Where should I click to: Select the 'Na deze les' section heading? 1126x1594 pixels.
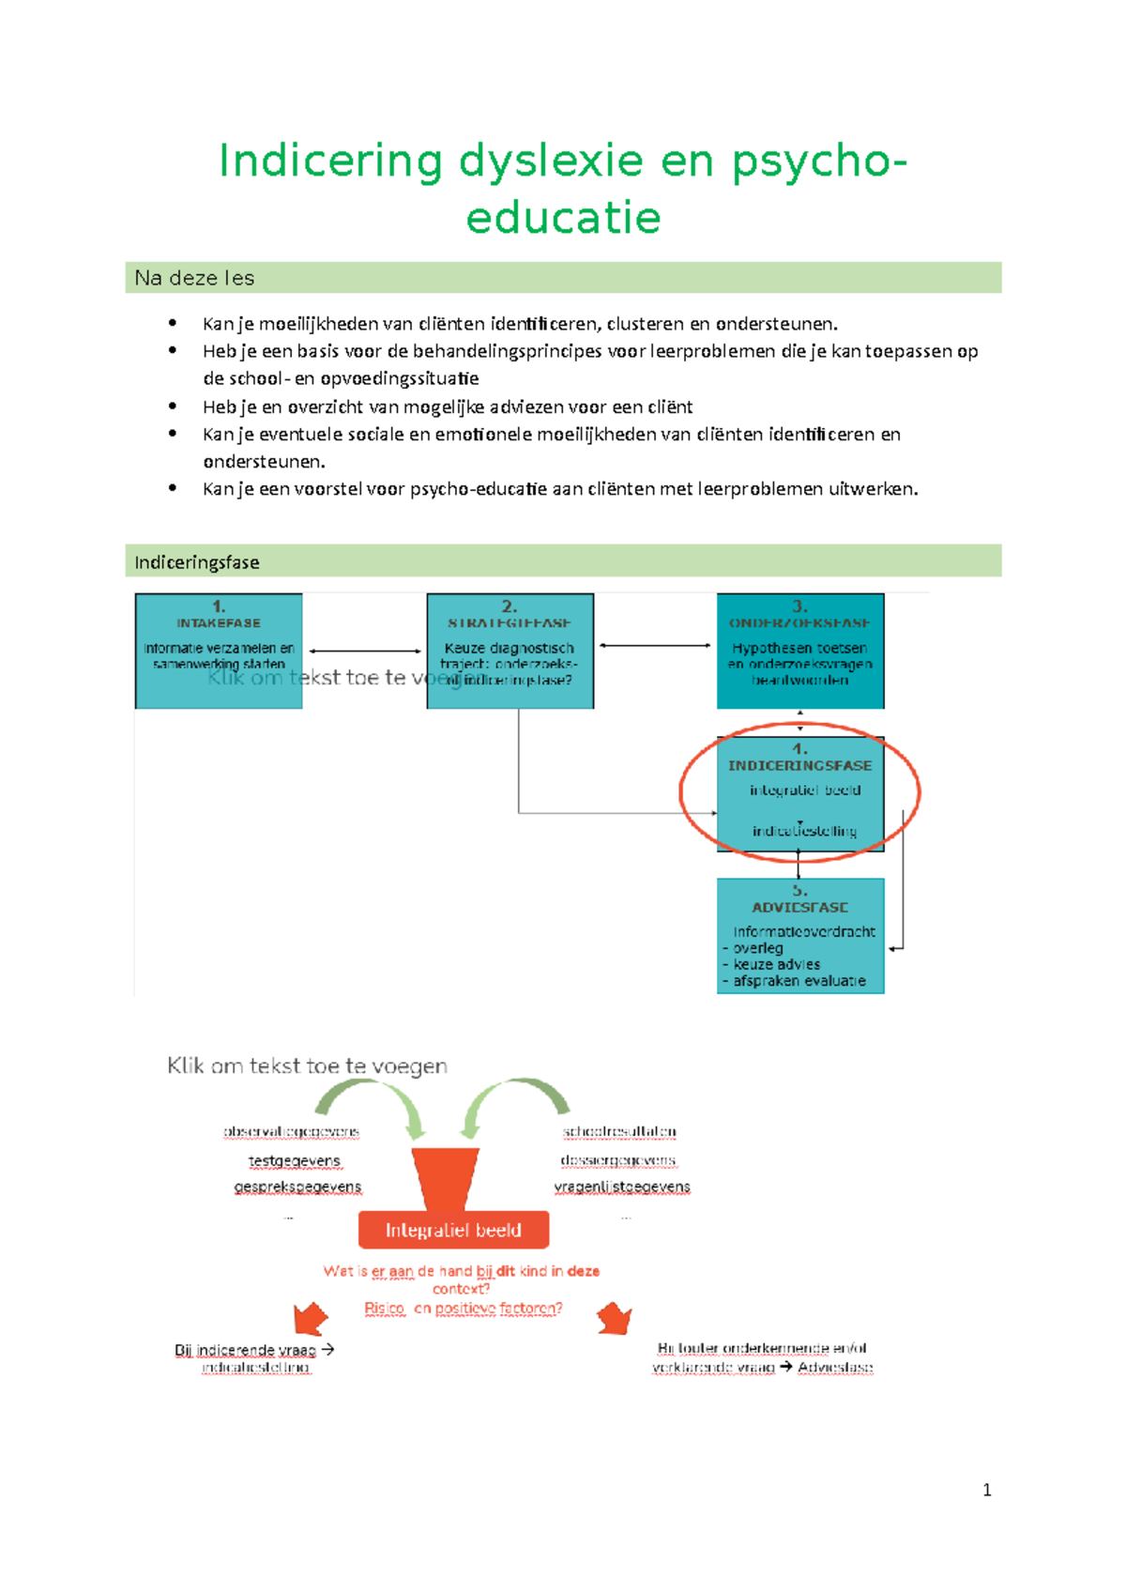click(x=194, y=278)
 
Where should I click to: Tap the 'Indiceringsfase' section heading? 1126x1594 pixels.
click(x=196, y=562)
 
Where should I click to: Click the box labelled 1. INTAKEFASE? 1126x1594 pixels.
click(x=219, y=650)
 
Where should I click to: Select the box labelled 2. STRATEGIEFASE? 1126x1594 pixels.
click(x=510, y=650)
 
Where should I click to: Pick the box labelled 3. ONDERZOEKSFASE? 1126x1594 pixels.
click(x=799, y=650)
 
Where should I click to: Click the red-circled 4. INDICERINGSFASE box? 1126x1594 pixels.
click(x=799, y=794)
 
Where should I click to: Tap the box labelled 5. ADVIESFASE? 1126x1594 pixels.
click(x=799, y=935)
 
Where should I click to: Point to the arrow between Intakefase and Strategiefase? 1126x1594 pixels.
click(x=365, y=651)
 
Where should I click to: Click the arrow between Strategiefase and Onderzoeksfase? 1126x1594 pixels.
click(x=655, y=645)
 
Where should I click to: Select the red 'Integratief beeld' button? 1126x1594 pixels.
click(x=453, y=1230)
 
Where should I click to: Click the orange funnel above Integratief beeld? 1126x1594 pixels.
click(x=446, y=1177)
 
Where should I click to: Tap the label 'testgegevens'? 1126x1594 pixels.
click(x=294, y=1161)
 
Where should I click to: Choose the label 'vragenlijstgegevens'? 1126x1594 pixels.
click(x=622, y=1187)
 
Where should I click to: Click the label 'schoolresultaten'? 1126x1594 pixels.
click(x=619, y=1132)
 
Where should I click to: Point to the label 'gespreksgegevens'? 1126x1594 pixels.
click(x=297, y=1187)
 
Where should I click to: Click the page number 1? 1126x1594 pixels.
click(x=986, y=1490)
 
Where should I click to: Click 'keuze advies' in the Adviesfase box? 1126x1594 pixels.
click(x=776, y=964)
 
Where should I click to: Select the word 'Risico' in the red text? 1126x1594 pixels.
click(x=384, y=1308)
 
